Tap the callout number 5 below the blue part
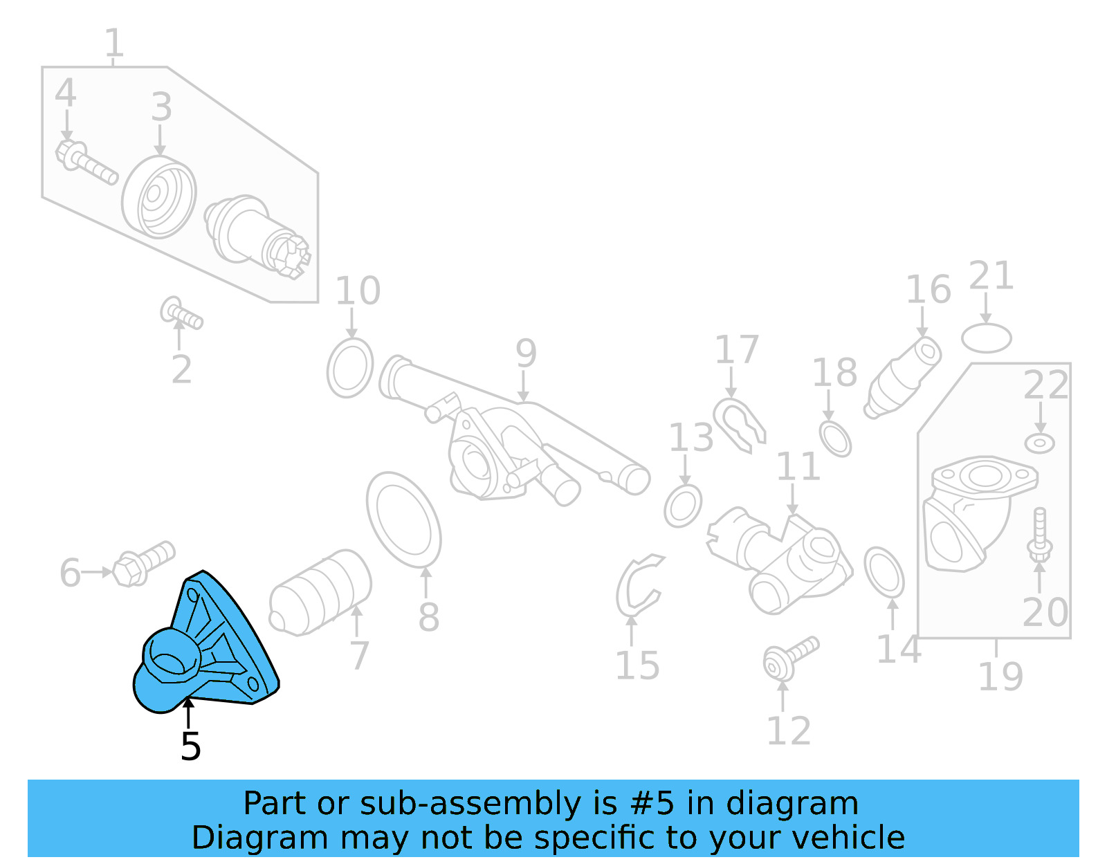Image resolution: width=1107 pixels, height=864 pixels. pos(190,746)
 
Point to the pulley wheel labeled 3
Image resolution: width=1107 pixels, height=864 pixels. pos(159,197)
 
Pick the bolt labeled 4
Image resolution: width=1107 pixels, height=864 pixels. pos(86,162)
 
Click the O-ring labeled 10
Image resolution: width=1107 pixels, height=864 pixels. pos(350,368)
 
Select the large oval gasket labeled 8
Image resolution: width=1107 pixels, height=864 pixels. pos(404,520)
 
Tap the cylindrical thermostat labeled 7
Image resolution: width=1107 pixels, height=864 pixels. pos(320,592)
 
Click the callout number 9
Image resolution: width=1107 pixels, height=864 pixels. pos(526,353)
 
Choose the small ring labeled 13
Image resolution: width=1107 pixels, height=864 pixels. pos(683,506)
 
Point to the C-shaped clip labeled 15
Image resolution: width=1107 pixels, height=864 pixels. pos(637,585)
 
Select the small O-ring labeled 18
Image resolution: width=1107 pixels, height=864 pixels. pos(835,438)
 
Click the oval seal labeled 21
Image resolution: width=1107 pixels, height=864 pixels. pos(986,338)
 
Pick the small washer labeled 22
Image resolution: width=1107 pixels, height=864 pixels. pos(1039,443)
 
